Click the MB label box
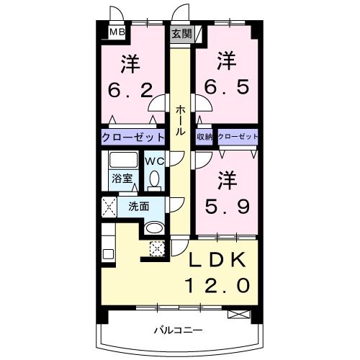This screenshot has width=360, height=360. point(115,32)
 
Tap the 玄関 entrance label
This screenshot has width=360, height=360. point(180,33)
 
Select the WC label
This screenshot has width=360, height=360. point(155,161)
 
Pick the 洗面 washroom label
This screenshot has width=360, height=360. point(139,206)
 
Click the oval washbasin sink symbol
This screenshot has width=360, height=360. point(154,228)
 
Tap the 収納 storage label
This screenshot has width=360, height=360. point(204,136)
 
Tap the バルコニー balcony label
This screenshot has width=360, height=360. point(176,330)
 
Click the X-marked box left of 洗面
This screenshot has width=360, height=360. point(109,206)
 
